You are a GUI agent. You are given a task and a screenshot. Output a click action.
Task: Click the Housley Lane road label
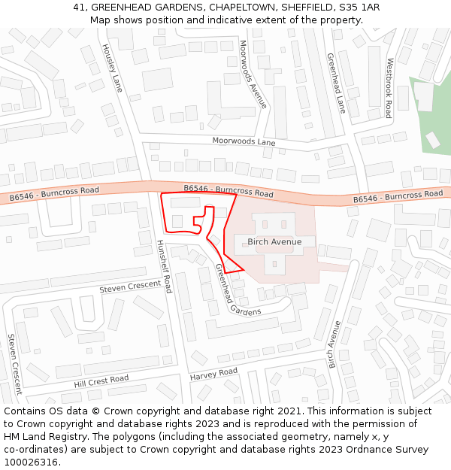[x=112, y=68]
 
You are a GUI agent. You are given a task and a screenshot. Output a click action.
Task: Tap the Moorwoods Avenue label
[x=253, y=74]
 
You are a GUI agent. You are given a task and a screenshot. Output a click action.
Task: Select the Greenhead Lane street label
[x=336, y=83]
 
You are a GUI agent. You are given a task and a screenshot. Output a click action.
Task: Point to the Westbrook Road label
[x=389, y=88]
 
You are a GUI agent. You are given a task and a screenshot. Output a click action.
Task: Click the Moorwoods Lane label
[x=244, y=141]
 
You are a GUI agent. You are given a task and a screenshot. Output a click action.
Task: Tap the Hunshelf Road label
[x=164, y=266]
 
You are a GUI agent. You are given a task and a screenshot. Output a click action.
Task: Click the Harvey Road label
[x=213, y=374]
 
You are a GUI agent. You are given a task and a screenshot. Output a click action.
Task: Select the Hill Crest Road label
[x=101, y=381]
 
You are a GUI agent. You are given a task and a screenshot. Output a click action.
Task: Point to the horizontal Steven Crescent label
[x=130, y=287]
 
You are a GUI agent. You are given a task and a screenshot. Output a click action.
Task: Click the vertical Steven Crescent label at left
[x=14, y=364]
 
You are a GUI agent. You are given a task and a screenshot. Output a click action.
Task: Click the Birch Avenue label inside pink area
[x=274, y=242]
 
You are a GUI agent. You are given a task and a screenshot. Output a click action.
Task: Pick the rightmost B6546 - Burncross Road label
[x=398, y=196]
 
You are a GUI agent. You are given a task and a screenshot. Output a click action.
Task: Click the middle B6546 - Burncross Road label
[x=229, y=191]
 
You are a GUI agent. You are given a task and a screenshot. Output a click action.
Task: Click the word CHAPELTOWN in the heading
[x=241, y=8]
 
